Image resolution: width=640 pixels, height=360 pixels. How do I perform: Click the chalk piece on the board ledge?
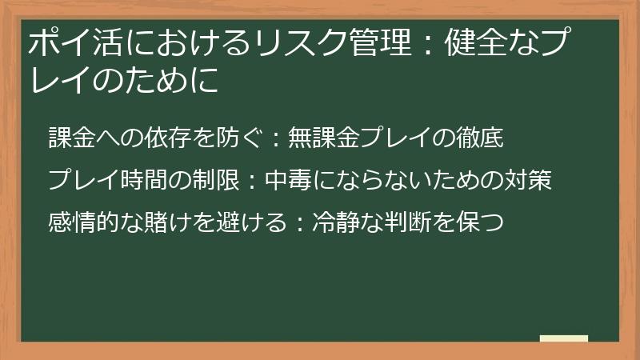563,338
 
